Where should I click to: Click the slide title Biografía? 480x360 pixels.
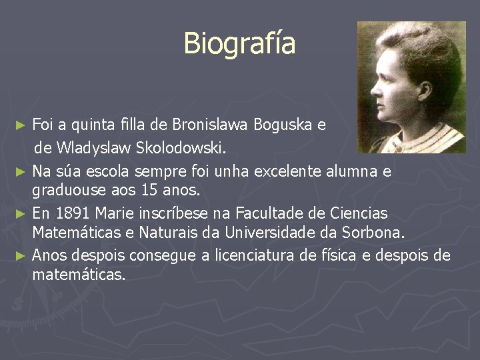(x=239, y=43)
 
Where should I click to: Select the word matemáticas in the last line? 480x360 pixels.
(x=79, y=275)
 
